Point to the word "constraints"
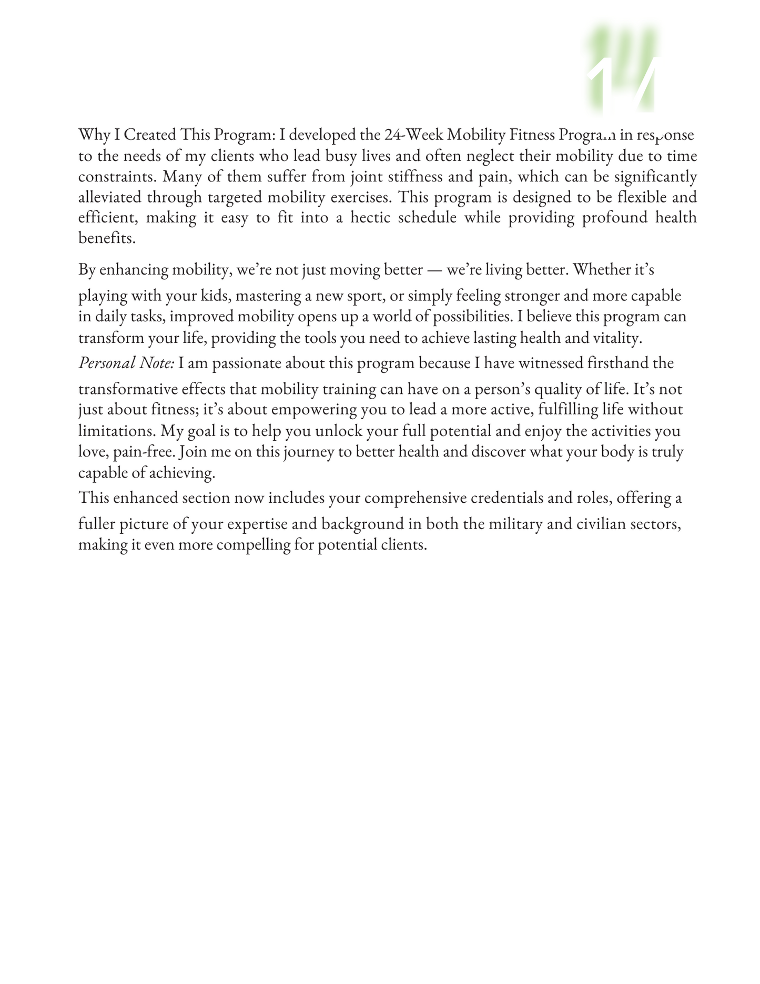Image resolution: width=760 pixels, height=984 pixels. [x=116, y=177]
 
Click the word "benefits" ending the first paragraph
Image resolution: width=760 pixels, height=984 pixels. [x=106, y=238]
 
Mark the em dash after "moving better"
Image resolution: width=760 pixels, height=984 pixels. [x=434, y=270]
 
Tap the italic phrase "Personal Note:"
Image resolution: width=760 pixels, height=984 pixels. [x=127, y=363]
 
